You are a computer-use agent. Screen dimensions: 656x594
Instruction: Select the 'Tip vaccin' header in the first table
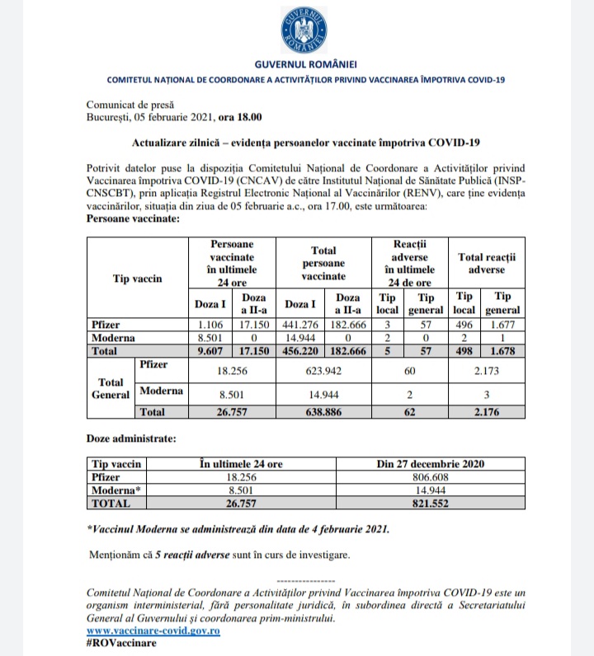(x=137, y=279)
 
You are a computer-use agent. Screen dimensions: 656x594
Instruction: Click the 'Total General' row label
(x=110, y=388)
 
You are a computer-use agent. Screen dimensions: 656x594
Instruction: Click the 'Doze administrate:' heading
(x=130, y=441)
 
